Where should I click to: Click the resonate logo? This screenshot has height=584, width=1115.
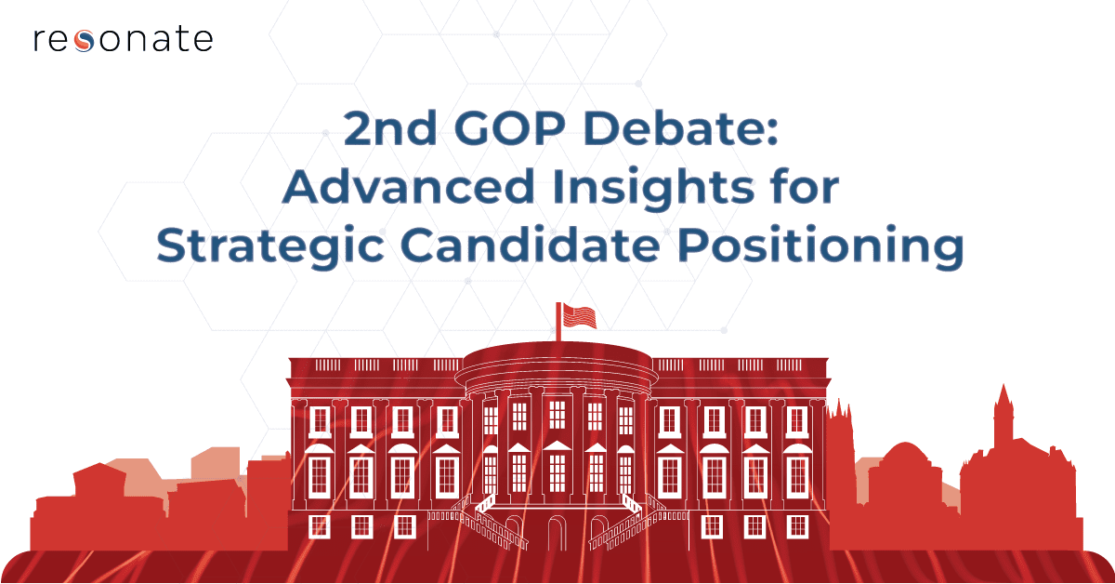tap(123, 40)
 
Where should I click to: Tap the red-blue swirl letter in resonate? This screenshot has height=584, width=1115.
tap(85, 41)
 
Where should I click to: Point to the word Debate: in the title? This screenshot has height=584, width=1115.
tap(681, 127)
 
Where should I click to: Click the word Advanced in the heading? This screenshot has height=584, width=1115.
tap(408, 186)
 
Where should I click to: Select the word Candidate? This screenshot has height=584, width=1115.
tap(531, 245)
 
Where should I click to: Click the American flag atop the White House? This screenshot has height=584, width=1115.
tap(579, 316)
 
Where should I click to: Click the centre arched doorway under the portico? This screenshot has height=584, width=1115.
tap(557, 533)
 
